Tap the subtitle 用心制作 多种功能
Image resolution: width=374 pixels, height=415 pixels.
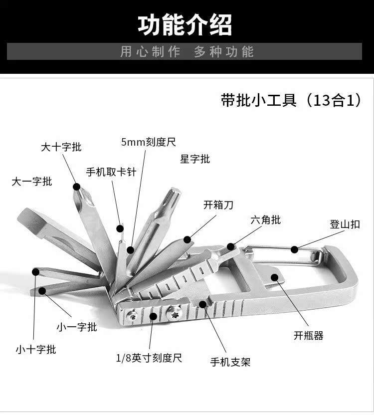click(x=187, y=52)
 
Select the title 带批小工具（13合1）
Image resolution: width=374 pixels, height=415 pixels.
click(x=291, y=100)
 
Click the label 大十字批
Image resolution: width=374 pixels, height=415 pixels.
click(x=61, y=147)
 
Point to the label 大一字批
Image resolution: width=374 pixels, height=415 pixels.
click(x=32, y=182)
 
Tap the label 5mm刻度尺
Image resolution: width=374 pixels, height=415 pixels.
click(x=149, y=142)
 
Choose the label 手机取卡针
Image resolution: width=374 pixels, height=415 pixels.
click(x=111, y=172)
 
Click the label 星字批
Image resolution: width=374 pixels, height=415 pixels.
click(x=195, y=159)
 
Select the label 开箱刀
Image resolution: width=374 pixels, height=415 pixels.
click(x=218, y=205)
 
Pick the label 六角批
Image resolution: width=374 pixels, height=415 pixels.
click(x=265, y=219)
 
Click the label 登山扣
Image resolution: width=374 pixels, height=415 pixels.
click(x=345, y=224)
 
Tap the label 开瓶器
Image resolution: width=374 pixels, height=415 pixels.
click(x=308, y=335)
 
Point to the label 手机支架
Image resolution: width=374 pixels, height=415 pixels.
click(x=230, y=362)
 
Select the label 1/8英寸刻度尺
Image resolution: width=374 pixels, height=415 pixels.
click(x=149, y=358)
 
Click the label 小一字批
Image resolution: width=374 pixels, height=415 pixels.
click(x=77, y=327)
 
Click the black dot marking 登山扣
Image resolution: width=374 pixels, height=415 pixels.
click(x=295, y=249)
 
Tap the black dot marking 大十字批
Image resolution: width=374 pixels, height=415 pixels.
click(x=77, y=187)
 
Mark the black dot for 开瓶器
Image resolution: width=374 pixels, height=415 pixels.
click(x=275, y=277)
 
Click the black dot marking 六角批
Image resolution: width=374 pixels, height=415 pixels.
click(x=231, y=246)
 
